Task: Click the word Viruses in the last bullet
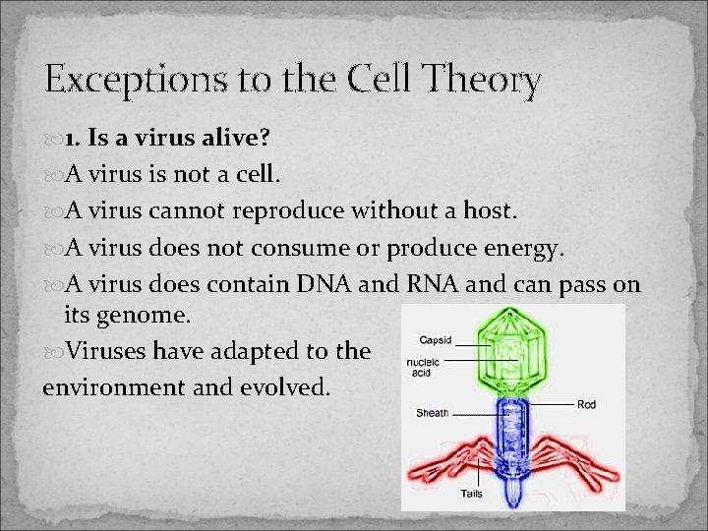click(x=105, y=351)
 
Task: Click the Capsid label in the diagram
click(x=436, y=341)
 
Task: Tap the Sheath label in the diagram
click(x=433, y=413)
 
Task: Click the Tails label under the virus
click(x=471, y=493)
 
